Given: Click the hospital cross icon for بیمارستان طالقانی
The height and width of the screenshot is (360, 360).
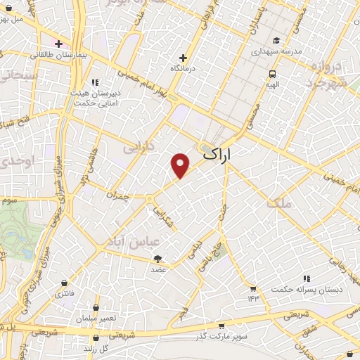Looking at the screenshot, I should point(59,44).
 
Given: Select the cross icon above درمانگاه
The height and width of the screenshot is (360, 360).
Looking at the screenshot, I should point(184,58).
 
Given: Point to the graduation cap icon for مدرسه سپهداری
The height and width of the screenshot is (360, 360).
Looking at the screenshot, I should point(277,40).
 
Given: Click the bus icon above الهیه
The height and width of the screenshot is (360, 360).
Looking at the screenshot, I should point(272,74).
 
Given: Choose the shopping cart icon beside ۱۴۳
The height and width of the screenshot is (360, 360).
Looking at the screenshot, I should point(252,288).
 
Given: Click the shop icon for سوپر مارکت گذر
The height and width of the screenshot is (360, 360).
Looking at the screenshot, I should point(221,326).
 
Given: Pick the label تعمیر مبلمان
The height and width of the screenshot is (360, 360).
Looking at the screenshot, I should point(96,319).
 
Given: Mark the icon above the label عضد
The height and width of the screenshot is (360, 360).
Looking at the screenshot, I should point(157,259).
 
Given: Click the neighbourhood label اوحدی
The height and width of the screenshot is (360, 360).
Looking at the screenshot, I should point(13,162).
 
